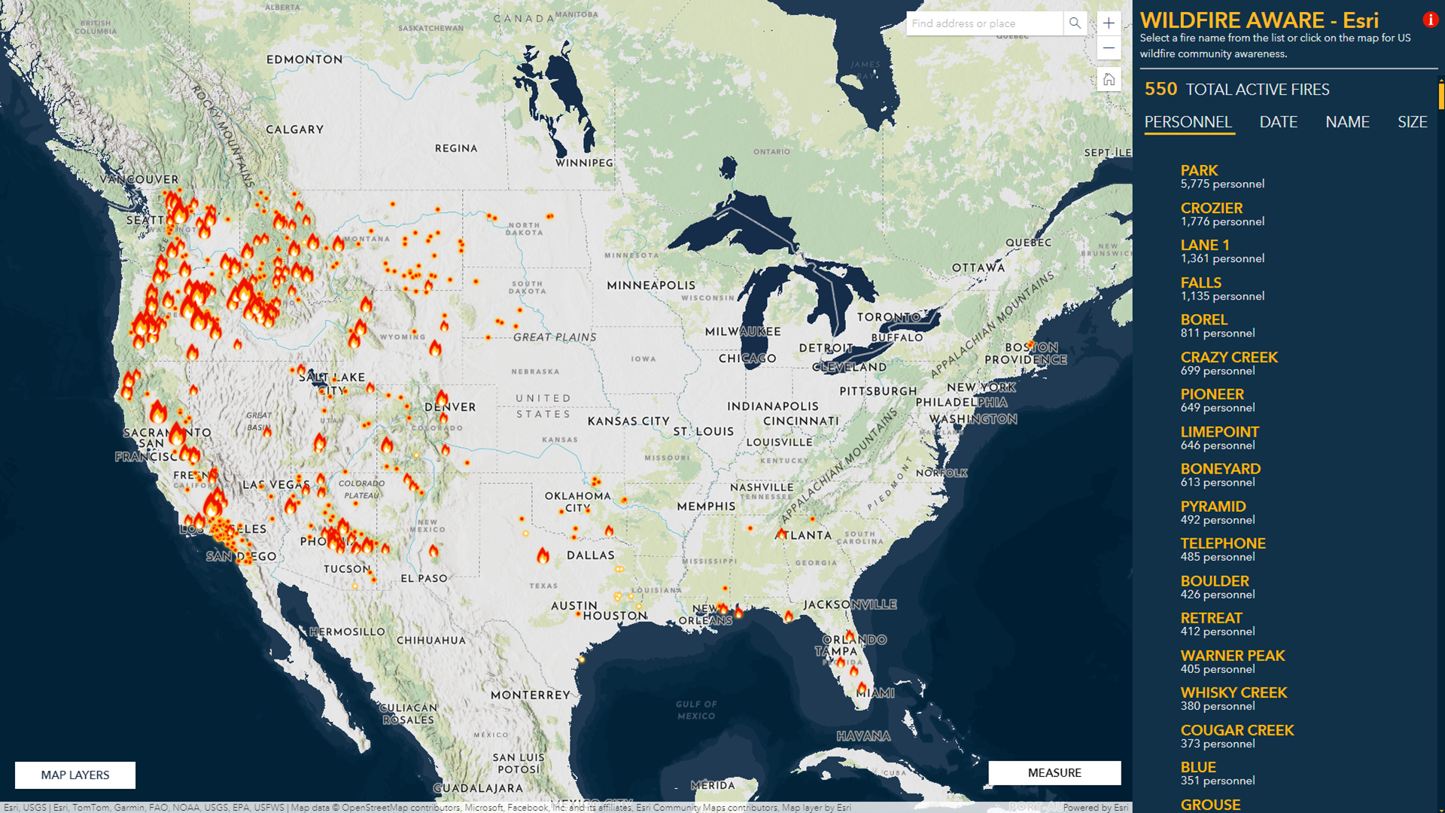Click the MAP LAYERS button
tap(75, 775)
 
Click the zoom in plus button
tap(1109, 23)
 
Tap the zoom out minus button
tap(1109, 48)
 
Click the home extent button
tap(1109, 79)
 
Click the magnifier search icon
tap(1075, 23)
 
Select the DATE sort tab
tap(1278, 122)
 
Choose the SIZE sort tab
tap(1412, 122)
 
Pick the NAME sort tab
tap(1347, 122)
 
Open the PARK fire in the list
tap(1199, 171)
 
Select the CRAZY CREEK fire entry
tap(1229, 358)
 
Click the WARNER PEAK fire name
tap(1232, 656)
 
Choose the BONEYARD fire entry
tap(1220, 469)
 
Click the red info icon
tap(1430, 20)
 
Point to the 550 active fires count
tap(1161, 89)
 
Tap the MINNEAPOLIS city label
tap(651, 285)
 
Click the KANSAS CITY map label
tap(628, 421)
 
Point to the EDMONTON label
tap(304, 59)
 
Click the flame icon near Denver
tap(442, 397)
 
